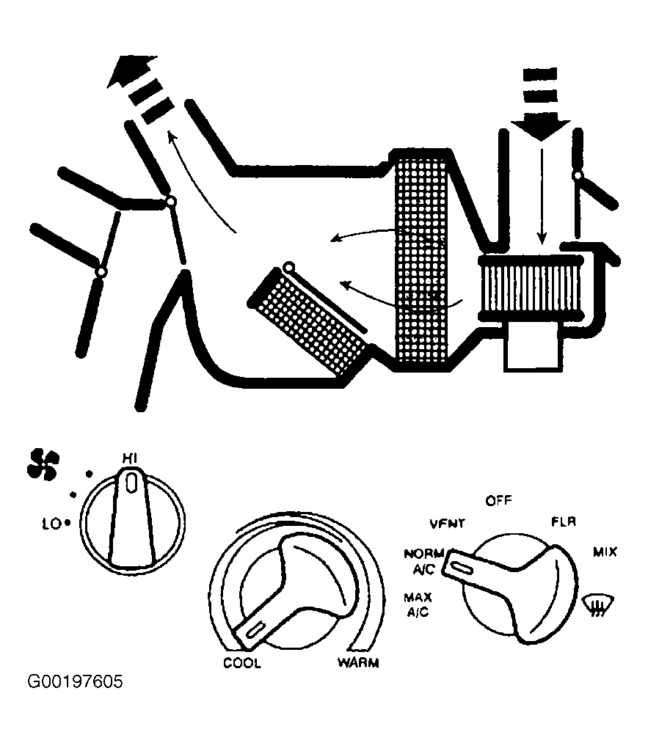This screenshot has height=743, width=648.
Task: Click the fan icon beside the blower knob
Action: coord(43,463)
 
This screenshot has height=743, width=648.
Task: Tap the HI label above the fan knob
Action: coord(130,458)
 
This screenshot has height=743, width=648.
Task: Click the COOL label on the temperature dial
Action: coord(242,663)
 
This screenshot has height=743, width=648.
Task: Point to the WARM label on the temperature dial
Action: coord(358,663)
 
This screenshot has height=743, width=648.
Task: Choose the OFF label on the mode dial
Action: coord(498,500)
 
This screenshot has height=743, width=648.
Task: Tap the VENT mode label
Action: coord(448,523)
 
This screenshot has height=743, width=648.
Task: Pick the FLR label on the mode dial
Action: coord(564,521)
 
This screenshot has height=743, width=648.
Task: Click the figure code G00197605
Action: coord(75,682)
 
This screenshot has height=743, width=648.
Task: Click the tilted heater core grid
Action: coord(309,321)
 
